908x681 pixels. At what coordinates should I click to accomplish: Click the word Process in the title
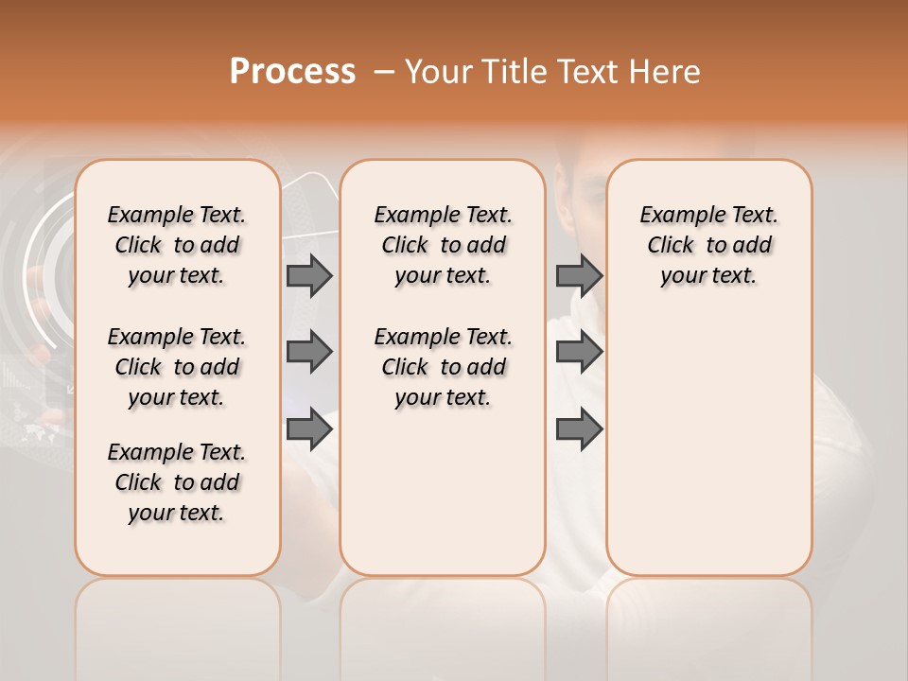click(x=292, y=72)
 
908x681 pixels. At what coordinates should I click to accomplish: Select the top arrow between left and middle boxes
click(x=309, y=275)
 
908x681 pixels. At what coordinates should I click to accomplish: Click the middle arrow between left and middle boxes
click(x=309, y=352)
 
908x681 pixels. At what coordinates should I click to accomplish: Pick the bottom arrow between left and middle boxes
click(x=309, y=429)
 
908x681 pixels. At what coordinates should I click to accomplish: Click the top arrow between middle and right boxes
click(x=579, y=275)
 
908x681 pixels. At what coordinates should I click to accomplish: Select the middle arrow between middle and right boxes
click(x=579, y=352)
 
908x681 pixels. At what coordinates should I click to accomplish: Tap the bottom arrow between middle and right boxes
click(x=579, y=429)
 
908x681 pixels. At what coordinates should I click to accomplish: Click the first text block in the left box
click(x=177, y=245)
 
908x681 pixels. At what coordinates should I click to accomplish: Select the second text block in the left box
click(x=177, y=367)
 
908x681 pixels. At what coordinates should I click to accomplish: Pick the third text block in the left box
click(x=177, y=482)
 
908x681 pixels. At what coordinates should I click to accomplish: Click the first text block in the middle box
click(x=443, y=245)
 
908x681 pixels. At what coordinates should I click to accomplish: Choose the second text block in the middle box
click(x=443, y=367)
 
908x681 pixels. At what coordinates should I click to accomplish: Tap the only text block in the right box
click(x=708, y=245)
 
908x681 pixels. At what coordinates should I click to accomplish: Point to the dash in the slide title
click(x=383, y=72)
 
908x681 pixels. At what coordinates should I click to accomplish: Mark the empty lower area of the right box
click(x=708, y=445)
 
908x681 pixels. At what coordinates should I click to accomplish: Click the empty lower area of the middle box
click(x=443, y=492)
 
